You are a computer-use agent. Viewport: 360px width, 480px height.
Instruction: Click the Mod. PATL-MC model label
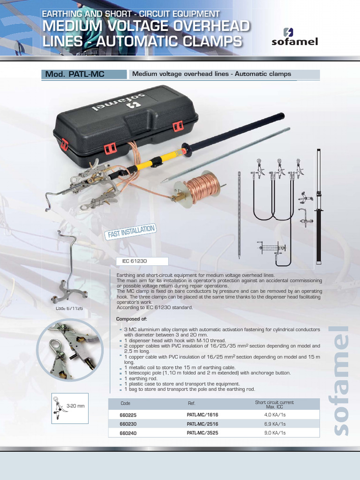[x=74, y=74]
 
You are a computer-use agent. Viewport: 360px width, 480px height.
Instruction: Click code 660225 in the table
[x=128, y=415]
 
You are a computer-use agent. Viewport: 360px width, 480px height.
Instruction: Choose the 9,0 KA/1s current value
[x=274, y=433]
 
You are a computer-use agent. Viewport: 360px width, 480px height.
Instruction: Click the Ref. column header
[x=191, y=403]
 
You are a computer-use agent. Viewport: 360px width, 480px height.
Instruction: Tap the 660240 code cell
[x=128, y=433]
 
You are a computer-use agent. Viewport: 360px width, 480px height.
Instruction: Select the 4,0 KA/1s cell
[x=274, y=415]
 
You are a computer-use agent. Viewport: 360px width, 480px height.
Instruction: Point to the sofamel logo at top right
[x=294, y=37]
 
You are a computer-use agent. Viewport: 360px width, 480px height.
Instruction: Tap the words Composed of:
[x=131, y=319]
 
